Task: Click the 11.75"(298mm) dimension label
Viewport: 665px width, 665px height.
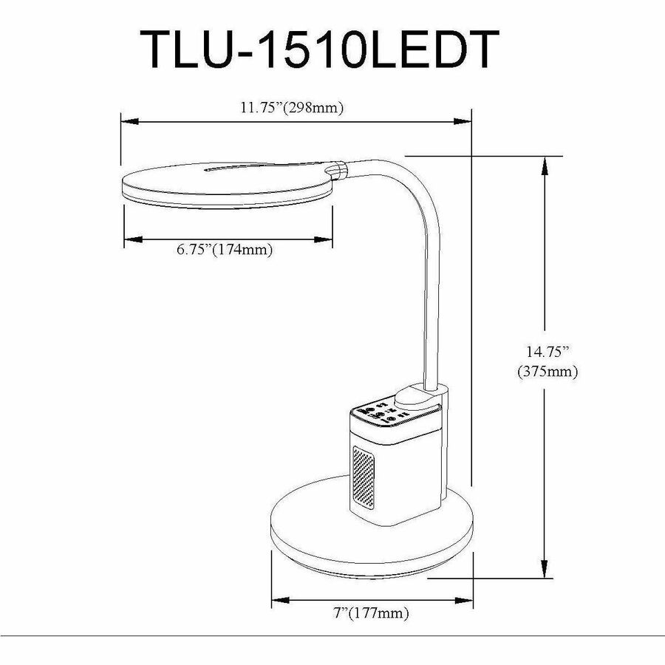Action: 293,107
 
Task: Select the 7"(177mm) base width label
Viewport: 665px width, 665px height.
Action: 370,613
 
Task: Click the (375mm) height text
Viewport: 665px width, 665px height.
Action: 548,372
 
